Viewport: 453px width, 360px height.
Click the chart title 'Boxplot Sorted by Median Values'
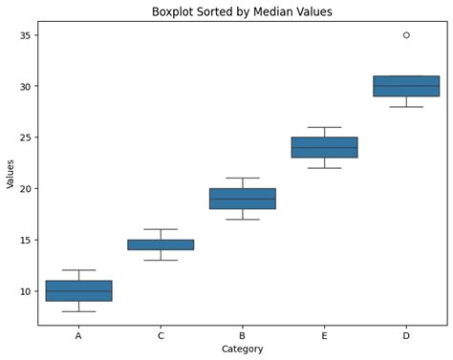(x=242, y=11)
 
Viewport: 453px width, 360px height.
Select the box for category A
(x=78, y=290)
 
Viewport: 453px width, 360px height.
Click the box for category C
(x=161, y=244)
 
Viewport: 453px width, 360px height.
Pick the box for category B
(x=242, y=199)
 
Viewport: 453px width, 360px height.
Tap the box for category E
(x=324, y=147)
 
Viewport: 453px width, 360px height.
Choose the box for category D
(x=406, y=86)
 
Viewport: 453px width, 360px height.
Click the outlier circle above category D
(x=406, y=35)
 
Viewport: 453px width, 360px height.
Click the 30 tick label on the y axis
(x=25, y=86)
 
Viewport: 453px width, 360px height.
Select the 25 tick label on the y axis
(x=25, y=138)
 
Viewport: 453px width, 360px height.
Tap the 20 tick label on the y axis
(x=25, y=189)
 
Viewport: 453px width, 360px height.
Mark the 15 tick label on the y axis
(x=25, y=240)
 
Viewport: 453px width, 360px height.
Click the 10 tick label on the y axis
(x=25, y=291)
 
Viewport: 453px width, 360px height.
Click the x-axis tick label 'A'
(x=78, y=335)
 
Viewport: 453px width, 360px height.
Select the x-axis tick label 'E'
(x=324, y=335)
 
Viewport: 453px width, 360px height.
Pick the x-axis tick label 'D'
(x=406, y=335)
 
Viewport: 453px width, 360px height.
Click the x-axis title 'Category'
(x=242, y=349)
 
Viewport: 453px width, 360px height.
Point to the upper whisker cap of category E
(x=324, y=127)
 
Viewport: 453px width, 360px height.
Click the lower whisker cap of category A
(x=78, y=311)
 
